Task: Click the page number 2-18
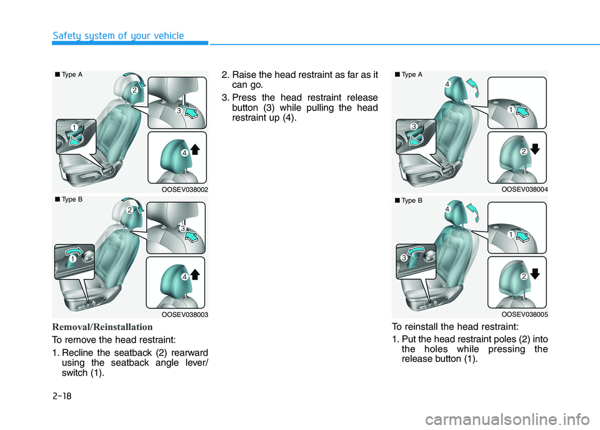pos(62,396)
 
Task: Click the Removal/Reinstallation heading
pos(102,327)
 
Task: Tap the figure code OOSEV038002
pos(185,190)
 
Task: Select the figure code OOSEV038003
pos(185,315)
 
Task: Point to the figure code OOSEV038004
pos(524,189)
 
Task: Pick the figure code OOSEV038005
pos(524,314)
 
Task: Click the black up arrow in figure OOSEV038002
pos(195,149)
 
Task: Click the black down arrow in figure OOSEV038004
pos(536,149)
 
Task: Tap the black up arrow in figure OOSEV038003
pos(195,275)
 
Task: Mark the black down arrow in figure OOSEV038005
pos(536,274)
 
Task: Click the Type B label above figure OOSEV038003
pos(69,199)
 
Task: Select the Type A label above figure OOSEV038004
pos(409,74)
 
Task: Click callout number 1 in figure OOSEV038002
pos(74,127)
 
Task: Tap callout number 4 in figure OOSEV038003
pos(184,276)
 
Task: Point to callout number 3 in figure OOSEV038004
pos(414,127)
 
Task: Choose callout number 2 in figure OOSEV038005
pos(524,276)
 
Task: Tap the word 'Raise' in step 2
pos(244,74)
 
